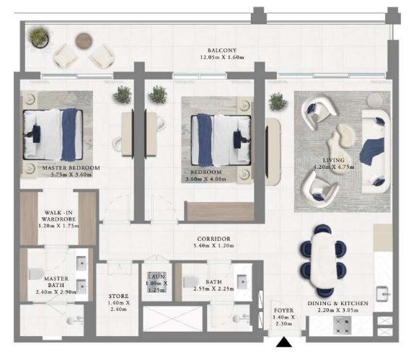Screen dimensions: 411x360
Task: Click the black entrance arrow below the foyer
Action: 283,342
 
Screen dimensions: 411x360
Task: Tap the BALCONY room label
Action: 222,51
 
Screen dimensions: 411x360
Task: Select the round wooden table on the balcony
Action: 84,41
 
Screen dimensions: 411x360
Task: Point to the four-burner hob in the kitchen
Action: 342,325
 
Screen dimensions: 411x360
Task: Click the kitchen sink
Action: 383,294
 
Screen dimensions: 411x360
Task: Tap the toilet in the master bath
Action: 35,273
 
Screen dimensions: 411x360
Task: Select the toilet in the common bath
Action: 189,282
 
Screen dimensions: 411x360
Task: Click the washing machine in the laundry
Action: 156,282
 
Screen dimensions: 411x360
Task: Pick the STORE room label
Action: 118,297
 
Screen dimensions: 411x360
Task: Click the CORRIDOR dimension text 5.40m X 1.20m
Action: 213,246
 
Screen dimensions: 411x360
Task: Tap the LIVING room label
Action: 333,160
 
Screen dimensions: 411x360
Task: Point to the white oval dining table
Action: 323,260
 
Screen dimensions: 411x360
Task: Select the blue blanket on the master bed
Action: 69,134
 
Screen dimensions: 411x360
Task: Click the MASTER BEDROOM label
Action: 71,168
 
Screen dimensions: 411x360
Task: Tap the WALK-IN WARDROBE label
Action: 58,216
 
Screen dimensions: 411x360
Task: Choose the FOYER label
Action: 283,310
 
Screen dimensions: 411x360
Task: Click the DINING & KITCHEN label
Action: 338,303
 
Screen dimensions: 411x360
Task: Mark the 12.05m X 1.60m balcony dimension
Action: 222,57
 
